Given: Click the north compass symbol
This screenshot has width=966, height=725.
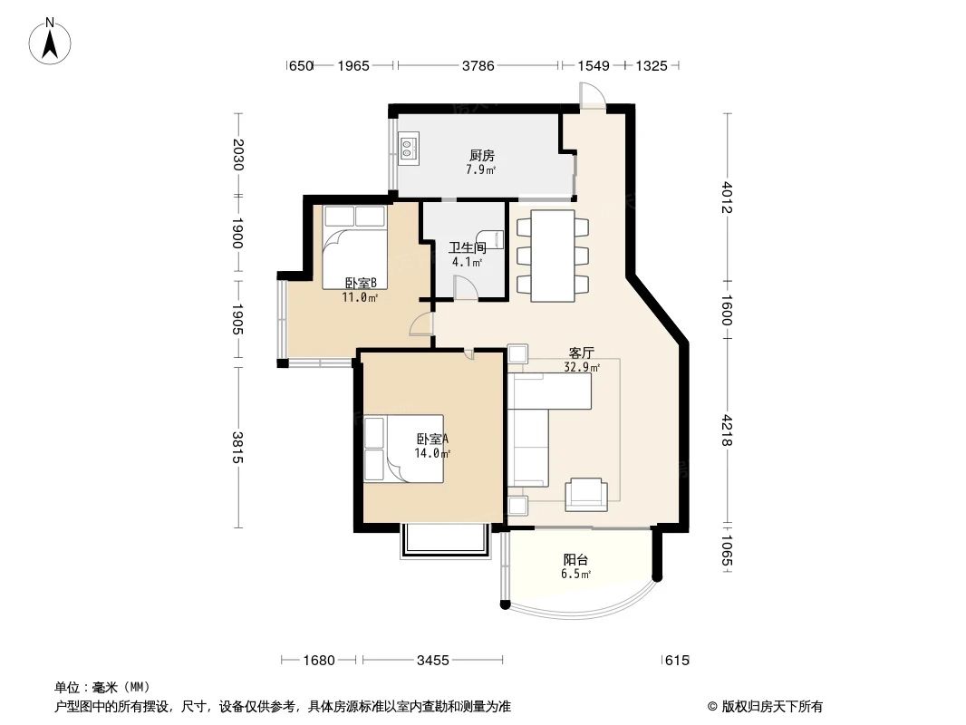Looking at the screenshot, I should [52, 42].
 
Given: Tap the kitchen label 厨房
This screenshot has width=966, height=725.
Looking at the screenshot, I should [480, 155].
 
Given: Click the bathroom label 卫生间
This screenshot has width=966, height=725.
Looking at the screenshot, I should [468, 246].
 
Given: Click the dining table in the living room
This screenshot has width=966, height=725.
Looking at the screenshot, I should [552, 255].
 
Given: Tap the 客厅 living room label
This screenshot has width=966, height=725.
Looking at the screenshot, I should [581, 353].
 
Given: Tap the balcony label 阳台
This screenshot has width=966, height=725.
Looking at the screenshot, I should [575, 560].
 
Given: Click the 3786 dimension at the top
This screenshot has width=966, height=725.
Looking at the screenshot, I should [478, 65].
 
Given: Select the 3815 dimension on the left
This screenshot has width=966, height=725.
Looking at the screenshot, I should [237, 447].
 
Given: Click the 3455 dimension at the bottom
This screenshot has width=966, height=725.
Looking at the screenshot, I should [433, 660].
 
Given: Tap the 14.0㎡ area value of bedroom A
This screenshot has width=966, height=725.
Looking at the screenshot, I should [432, 453].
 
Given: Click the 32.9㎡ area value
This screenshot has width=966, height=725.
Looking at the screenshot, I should [581, 368].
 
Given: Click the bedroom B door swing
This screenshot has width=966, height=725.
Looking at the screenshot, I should [421, 324].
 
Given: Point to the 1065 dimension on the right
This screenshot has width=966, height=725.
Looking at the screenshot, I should [728, 550].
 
